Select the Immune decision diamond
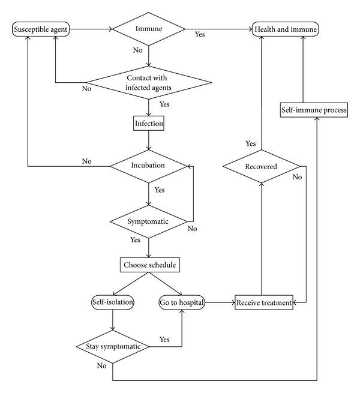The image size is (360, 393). tap(149, 29)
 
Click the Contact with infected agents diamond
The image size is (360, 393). tap(149, 82)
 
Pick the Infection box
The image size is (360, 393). tap(149, 124)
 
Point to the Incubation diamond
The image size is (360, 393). tap(149, 164)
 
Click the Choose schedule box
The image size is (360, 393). tap(149, 264)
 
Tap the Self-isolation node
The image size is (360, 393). tap(112, 302)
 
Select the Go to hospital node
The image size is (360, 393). tap(182, 302)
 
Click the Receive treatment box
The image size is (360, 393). tap(263, 303)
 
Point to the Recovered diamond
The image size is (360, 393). tap(261, 166)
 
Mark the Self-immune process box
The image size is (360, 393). tap(314, 111)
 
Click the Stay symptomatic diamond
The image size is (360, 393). tap(112, 347)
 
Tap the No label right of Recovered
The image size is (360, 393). tap(296, 178)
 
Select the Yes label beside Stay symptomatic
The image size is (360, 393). tap(165, 340)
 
